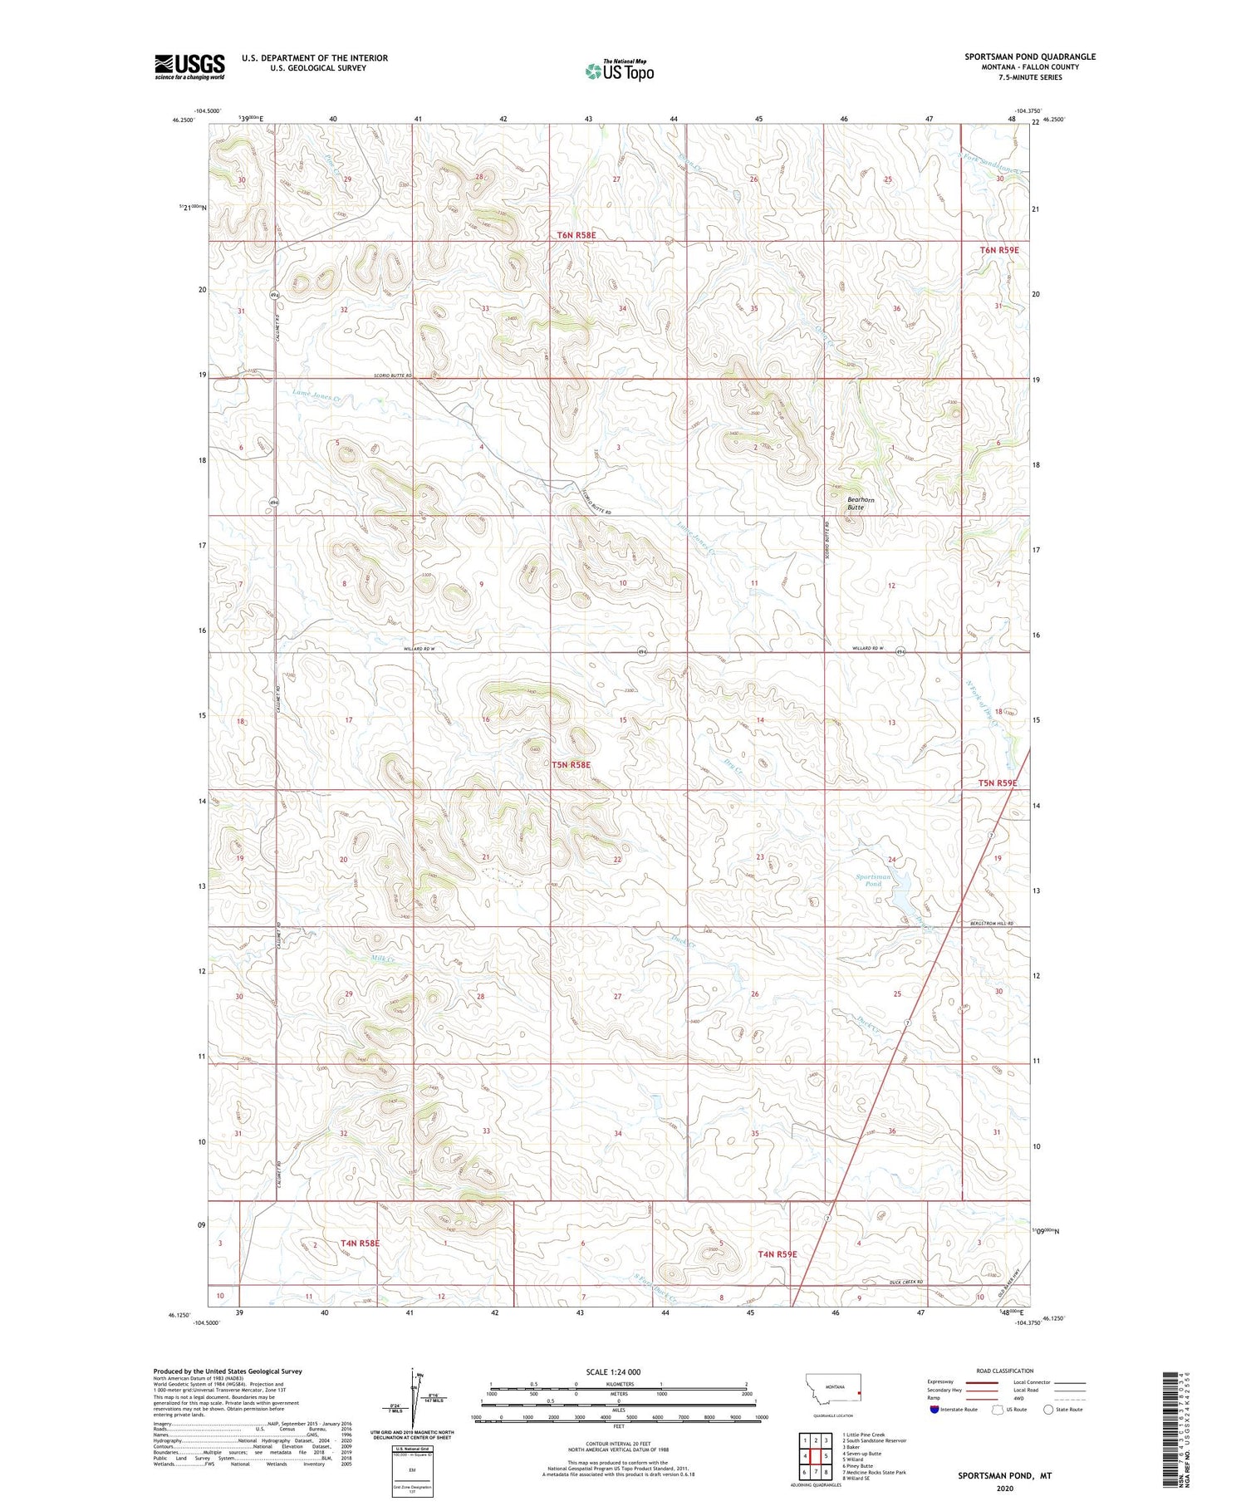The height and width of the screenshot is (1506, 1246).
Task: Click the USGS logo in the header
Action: tap(189, 66)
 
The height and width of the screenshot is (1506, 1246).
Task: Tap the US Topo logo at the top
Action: tap(620, 71)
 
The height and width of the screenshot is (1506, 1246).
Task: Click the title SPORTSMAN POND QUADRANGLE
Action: tap(1029, 56)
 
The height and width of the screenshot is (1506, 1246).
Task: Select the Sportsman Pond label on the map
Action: tap(873, 880)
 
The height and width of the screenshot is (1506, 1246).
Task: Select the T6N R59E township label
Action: tap(998, 249)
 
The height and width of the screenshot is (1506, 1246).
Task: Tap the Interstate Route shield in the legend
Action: tap(935, 1410)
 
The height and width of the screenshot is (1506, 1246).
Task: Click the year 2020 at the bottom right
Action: tap(1004, 1488)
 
